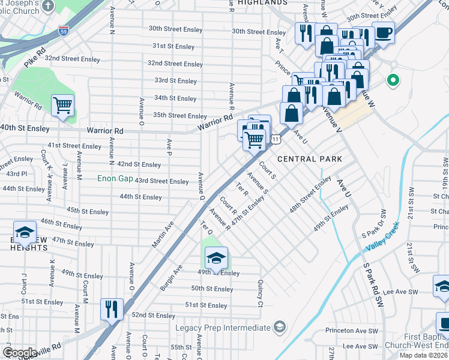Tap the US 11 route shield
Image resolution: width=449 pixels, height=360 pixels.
(x=274, y=139)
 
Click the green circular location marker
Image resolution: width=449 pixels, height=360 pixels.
(x=393, y=79)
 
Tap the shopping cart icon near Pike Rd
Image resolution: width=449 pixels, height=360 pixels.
(x=62, y=106)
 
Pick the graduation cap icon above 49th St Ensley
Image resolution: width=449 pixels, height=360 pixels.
(x=216, y=258)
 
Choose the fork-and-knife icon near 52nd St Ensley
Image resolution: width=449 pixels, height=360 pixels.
(x=112, y=309)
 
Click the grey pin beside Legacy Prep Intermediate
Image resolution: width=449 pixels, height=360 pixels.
(x=279, y=327)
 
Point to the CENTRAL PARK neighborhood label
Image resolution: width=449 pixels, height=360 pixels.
(x=310, y=159)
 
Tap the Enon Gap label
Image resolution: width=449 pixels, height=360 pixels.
(x=116, y=179)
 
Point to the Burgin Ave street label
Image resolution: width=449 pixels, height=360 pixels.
(x=172, y=276)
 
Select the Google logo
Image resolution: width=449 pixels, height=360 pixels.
(x=20, y=352)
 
